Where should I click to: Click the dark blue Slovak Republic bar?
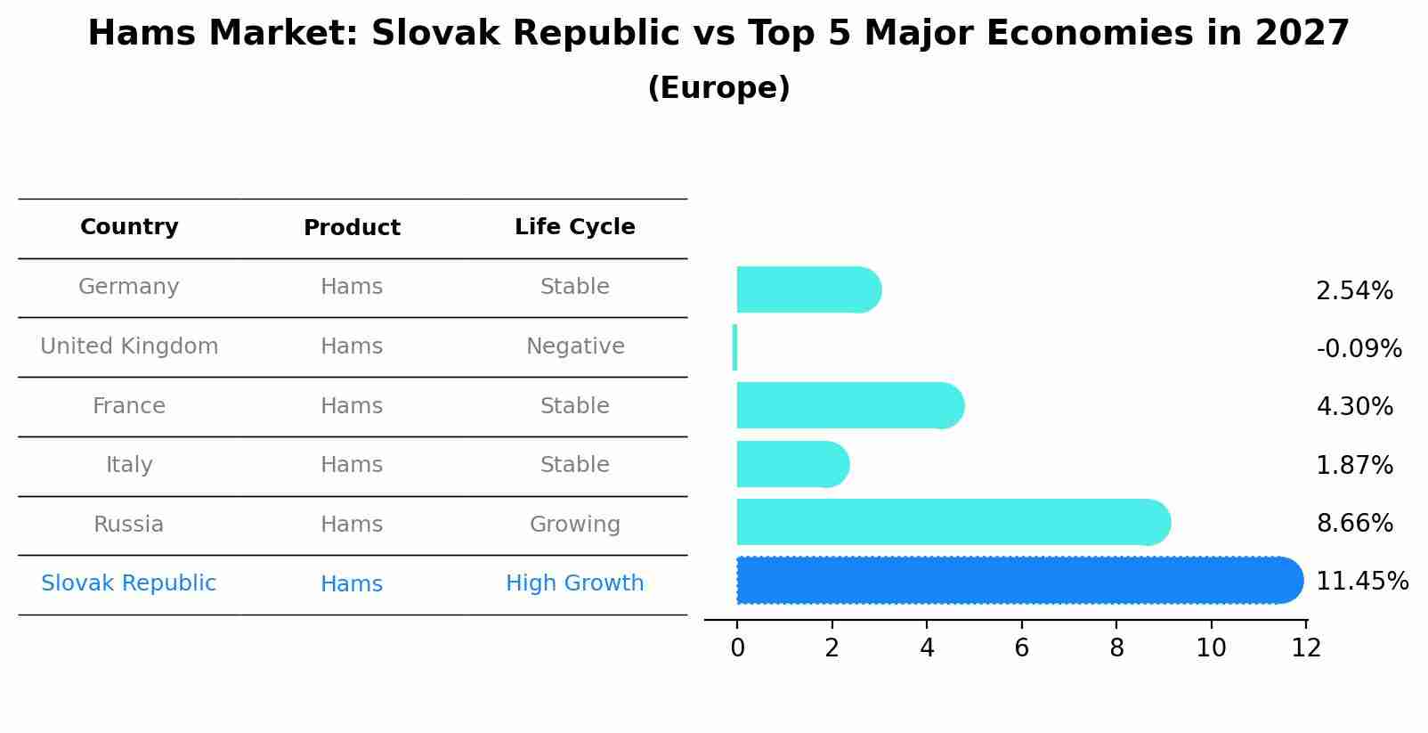click(1019, 581)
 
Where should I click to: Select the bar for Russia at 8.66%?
click(953, 523)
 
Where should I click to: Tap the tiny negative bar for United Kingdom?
click(734, 347)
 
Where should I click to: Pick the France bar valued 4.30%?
click(850, 406)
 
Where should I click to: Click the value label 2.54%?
click(1354, 291)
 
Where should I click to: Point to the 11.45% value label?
click(1361, 582)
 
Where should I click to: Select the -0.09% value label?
click(1359, 349)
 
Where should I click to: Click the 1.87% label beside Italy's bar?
click(1354, 466)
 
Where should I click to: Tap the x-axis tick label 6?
click(1021, 648)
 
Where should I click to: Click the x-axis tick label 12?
click(1306, 648)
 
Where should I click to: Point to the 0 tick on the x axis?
click(737, 648)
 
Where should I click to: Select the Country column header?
click(129, 227)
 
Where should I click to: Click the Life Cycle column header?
click(574, 227)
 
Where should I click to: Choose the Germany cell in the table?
click(129, 287)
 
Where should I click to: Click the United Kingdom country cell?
click(129, 346)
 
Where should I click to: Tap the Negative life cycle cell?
click(575, 346)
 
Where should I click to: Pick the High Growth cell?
click(574, 583)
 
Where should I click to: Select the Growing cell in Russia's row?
click(574, 525)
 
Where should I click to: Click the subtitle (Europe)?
click(718, 88)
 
